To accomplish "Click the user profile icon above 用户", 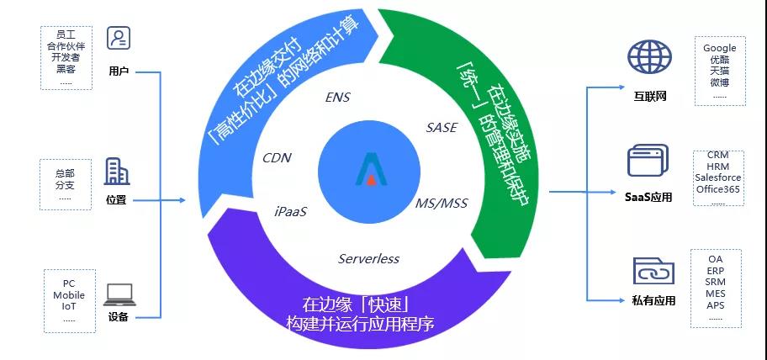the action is coord(119,38).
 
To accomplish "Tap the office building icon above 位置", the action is coord(117,172).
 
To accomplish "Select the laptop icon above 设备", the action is coord(119,295).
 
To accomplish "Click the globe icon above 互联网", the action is coord(649,57).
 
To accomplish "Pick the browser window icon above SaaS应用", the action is coord(648,160).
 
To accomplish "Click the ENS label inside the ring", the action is coord(337,98).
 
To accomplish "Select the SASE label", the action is coord(442,128).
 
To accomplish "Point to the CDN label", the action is coord(277,158).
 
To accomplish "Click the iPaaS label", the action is coord(290,212).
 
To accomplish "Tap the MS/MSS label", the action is coord(442,203).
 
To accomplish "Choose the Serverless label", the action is coord(368,259).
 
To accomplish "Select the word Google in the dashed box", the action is coord(720,48).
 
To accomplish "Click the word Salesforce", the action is coord(717,177).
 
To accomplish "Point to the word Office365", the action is coord(718,189).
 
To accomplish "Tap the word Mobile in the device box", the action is coord(69,295).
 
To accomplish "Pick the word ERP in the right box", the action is coord(715,271).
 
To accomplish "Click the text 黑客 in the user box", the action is coord(66,69).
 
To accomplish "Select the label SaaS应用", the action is coord(648,197).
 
